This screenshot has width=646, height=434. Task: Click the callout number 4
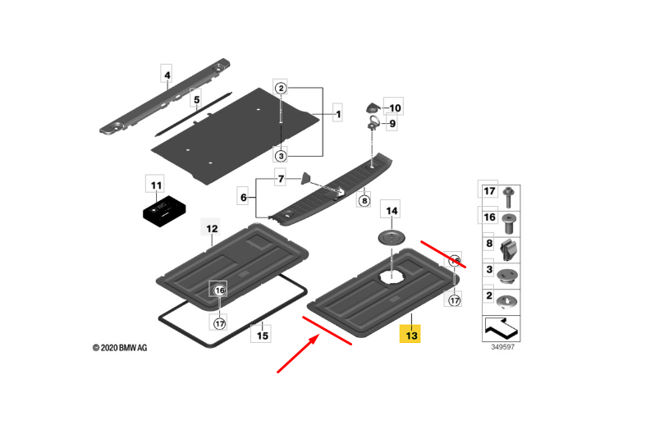(x=167, y=77)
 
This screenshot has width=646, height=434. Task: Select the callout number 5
(x=196, y=100)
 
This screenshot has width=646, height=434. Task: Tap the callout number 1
(x=337, y=115)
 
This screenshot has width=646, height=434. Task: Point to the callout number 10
(x=395, y=107)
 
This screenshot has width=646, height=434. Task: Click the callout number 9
(x=392, y=124)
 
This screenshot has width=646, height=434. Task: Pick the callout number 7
(x=280, y=179)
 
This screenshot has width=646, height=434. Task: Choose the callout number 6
(x=243, y=198)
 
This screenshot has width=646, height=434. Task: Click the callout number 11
(x=155, y=185)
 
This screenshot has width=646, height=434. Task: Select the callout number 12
(x=212, y=229)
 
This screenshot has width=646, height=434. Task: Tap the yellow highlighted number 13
(x=410, y=334)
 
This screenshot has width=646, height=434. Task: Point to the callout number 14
(x=392, y=211)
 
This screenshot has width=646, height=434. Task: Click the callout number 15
(x=261, y=335)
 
